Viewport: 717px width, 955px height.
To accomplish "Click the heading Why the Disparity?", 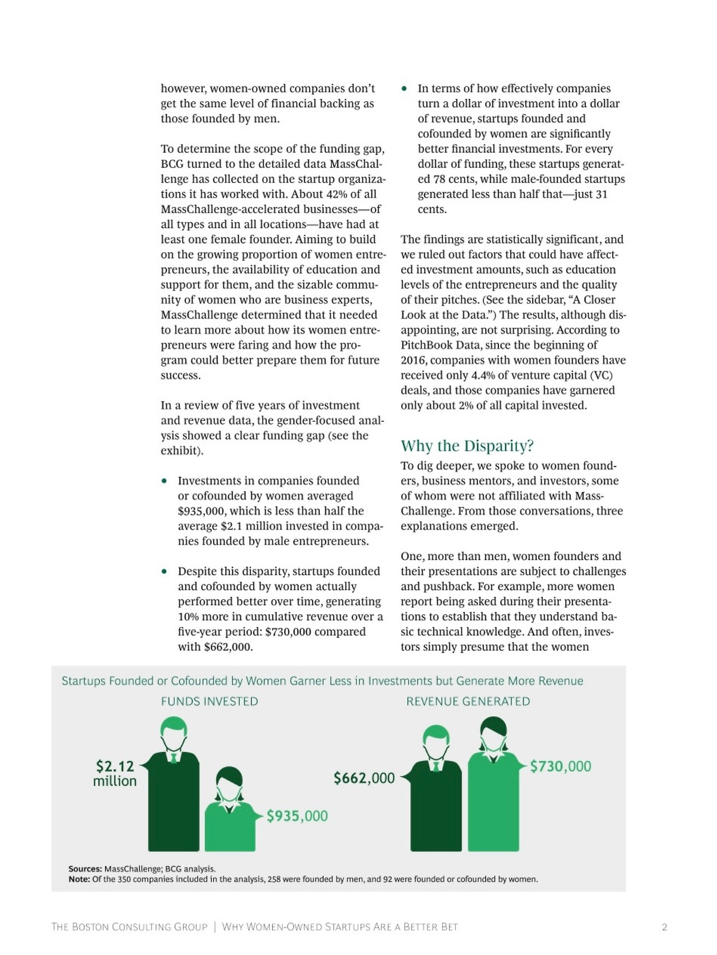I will tap(467, 446).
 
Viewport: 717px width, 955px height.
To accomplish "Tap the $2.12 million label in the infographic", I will tap(115, 773).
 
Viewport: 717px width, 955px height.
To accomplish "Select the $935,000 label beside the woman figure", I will tap(297, 816).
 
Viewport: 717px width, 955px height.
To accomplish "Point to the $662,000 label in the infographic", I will tap(364, 777).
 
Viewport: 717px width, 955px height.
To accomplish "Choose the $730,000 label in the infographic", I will tap(560, 766).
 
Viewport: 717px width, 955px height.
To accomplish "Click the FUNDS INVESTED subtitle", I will tap(209, 701).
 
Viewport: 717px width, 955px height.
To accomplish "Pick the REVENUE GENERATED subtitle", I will tap(468, 701).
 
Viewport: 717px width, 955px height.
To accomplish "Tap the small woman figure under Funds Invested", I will tap(230, 812).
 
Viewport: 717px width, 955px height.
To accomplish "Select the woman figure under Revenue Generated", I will tap(493, 790).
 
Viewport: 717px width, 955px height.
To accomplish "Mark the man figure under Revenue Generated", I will tap(436, 795).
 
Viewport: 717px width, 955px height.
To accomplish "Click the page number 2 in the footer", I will tap(664, 927).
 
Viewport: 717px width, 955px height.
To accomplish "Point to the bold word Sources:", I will tap(85, 869).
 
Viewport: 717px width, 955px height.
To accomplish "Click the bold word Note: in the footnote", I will tap(79, 879).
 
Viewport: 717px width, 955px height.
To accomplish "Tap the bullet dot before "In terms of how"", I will tap(404, 88).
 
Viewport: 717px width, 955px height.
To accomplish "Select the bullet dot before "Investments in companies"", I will tap(164, 481).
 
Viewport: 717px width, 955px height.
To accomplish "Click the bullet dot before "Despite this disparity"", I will tap(164, 571).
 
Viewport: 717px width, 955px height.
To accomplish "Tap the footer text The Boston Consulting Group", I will tap(129, 927).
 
